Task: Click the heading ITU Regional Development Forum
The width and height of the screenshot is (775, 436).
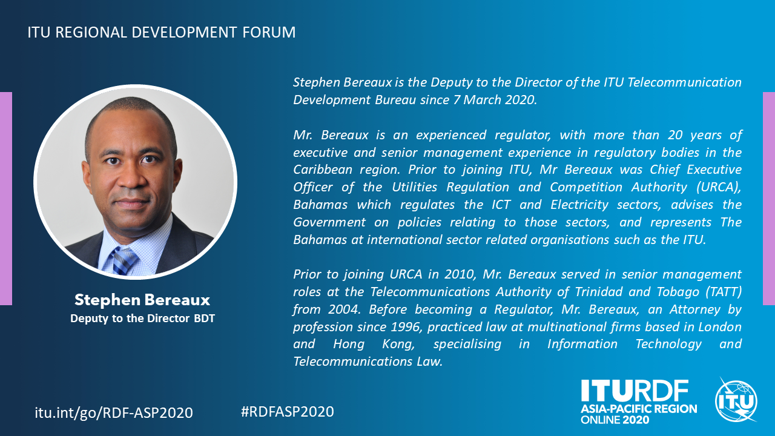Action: click(x=162, y=32)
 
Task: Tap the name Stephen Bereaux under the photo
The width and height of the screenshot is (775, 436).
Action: click(x=142, y=300)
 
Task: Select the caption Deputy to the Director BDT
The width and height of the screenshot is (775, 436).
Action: click(x=142, y=319)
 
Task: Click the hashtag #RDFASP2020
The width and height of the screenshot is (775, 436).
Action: click(x=288, y=411)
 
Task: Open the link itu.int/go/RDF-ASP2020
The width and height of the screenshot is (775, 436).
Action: click(x=114, y=413)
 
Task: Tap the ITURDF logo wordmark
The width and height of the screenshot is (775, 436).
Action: click(x=635, y=391)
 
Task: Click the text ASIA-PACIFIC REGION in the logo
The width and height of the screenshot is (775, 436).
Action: click(x=639, y=409)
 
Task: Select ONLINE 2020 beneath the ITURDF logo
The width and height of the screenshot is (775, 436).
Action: click(x=615, y=420)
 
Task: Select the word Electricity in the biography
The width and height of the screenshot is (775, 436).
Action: click(x=579, y=205)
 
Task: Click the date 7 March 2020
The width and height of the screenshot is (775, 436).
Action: click(x=495, y=100)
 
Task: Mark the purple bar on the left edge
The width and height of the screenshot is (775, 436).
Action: click(x=6, y=199)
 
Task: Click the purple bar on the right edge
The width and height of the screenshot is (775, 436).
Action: click(x=769, y=199)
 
